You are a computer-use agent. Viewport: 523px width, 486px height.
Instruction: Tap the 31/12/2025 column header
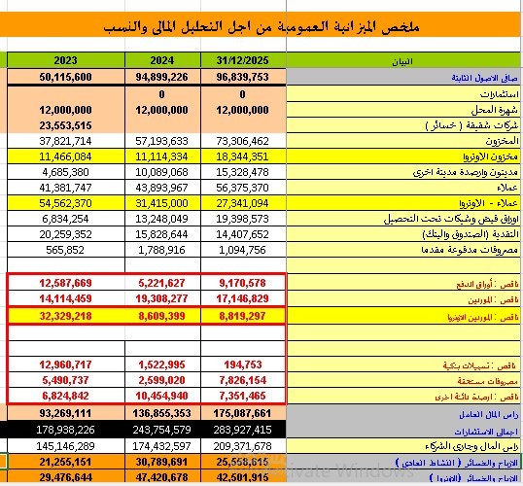(241, 60)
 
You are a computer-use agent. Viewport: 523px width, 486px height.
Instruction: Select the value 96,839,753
(241, 76)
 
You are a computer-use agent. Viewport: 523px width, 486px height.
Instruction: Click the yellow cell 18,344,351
(241, 156)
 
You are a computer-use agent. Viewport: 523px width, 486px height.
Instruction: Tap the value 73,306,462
(241, 141)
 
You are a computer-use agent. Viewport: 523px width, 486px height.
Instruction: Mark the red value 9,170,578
(241, 284)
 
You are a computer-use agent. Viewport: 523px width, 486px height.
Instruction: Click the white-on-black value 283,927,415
(241, 429)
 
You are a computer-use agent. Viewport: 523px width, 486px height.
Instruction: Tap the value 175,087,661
(241, 413)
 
